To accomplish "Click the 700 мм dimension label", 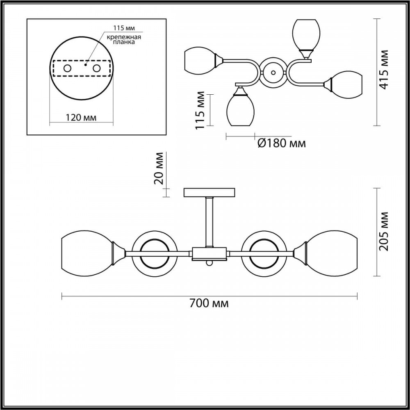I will [x=209, y=304].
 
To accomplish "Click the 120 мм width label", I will [x=81, y=118].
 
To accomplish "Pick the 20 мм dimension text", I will [x=159, y=169].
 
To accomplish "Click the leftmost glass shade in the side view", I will [x=85, y=253].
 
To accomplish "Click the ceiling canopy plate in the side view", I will [x=209, y=192].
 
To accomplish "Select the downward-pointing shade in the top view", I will [x=241, y=109].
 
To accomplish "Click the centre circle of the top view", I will [x=273, y=73].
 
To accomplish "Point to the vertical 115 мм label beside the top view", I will [x=200, y=109].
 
